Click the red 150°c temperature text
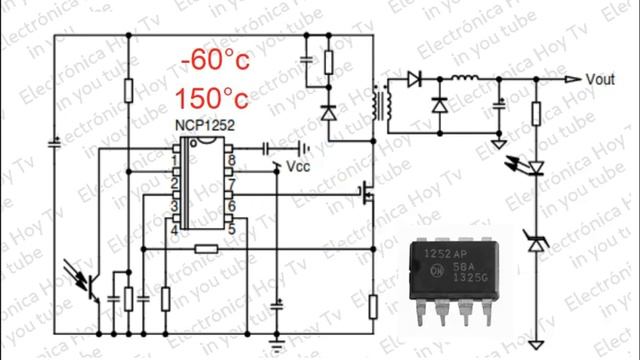tap(211, 98)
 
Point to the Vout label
tap(600, 79)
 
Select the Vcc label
tap(298, 166)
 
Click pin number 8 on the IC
tap(230, 159)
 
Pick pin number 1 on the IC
tap(177, 159)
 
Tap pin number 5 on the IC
tap(230, 229)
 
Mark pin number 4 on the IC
tap(177, 229)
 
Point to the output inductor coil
tap(464, 79)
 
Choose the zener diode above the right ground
tap(536, 240)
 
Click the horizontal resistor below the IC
tap(207, 248)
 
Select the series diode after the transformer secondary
tap(414, 79)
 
